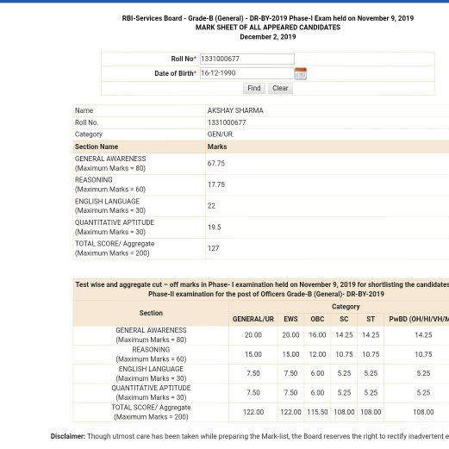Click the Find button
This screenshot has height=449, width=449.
253,89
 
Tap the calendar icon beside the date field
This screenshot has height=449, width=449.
300,74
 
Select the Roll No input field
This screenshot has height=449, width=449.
246,59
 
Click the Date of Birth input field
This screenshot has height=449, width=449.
246,73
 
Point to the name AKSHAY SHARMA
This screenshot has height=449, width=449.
235,111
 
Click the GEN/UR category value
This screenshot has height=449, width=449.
221,134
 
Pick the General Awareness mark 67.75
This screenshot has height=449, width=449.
216,163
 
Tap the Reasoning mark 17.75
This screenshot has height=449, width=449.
216,184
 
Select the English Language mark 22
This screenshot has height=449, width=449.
212,206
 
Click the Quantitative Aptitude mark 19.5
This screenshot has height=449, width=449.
214,228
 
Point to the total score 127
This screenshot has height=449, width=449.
213,249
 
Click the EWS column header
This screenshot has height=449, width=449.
290,319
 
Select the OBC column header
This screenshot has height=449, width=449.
317,319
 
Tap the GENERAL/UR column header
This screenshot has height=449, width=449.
253,319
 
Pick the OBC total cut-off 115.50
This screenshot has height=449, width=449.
317,412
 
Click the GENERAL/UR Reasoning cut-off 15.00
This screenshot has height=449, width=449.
253,354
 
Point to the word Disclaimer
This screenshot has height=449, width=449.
67,437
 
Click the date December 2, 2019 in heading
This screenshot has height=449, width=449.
267,37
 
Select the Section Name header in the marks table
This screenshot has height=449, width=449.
97,147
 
